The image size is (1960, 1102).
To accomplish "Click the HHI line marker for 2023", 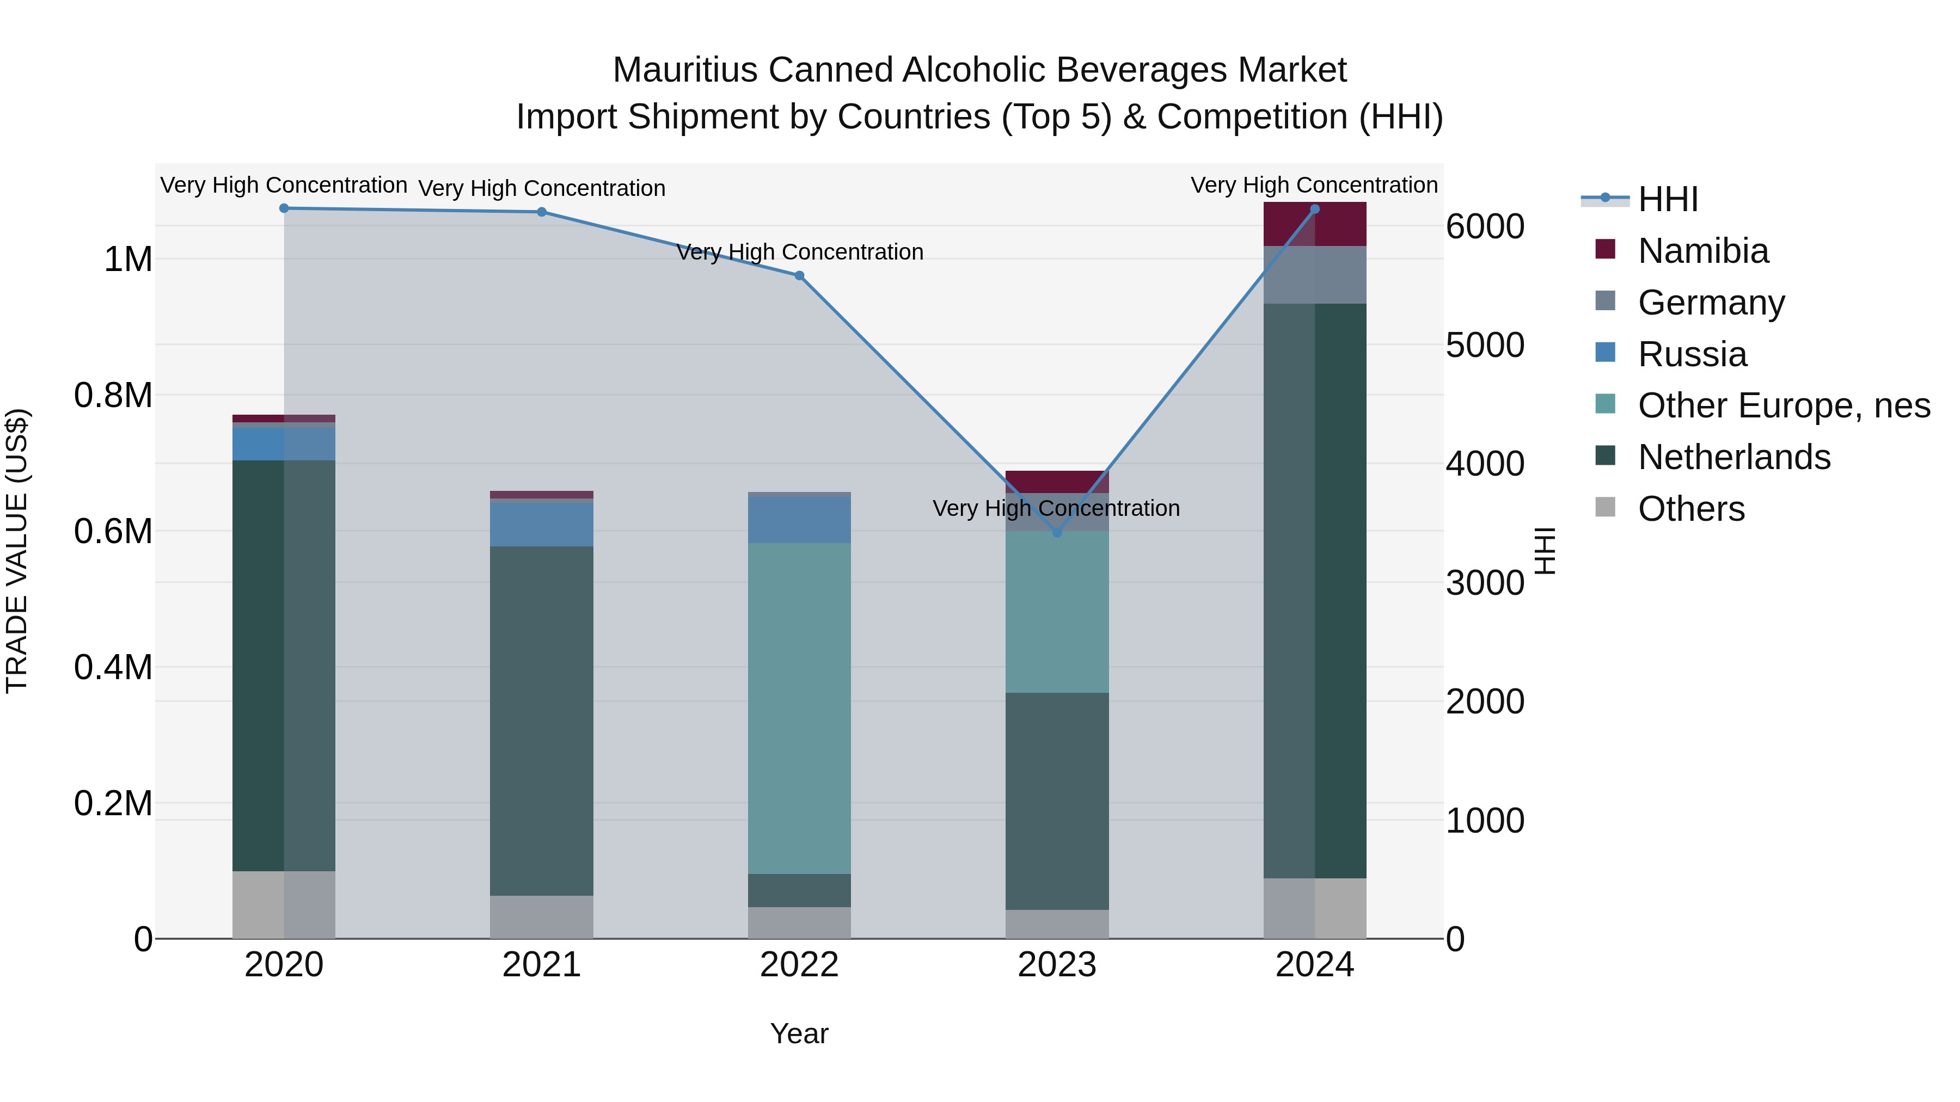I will [1056, 532].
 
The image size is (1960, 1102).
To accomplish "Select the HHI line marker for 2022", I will [799, 275].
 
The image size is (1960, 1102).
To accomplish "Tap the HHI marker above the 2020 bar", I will [284, 208].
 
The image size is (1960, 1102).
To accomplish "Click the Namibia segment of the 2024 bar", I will [1314, 224].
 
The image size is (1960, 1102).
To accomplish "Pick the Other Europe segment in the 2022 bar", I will [799, 707].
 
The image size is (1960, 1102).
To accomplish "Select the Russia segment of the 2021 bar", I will [541, 524].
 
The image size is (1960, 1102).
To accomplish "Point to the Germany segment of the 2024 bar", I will [1314, 275].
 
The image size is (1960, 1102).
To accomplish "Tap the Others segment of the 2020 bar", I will [284, 904].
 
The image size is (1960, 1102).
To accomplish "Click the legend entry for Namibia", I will [1703, 251].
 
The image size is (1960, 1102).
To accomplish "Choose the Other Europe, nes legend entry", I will [1784, 405].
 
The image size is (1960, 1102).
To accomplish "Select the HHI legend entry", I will [1668, 199].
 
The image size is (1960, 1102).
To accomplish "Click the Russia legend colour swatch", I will [1604, 353].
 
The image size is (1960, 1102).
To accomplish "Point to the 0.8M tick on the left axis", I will [113, 396].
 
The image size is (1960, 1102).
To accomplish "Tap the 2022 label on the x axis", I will [799, 965].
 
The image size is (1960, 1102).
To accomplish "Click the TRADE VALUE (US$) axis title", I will [17, 551].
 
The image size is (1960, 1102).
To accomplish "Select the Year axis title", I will [799, 1033].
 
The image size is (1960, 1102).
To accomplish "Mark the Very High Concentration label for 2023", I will [1056, 508].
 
